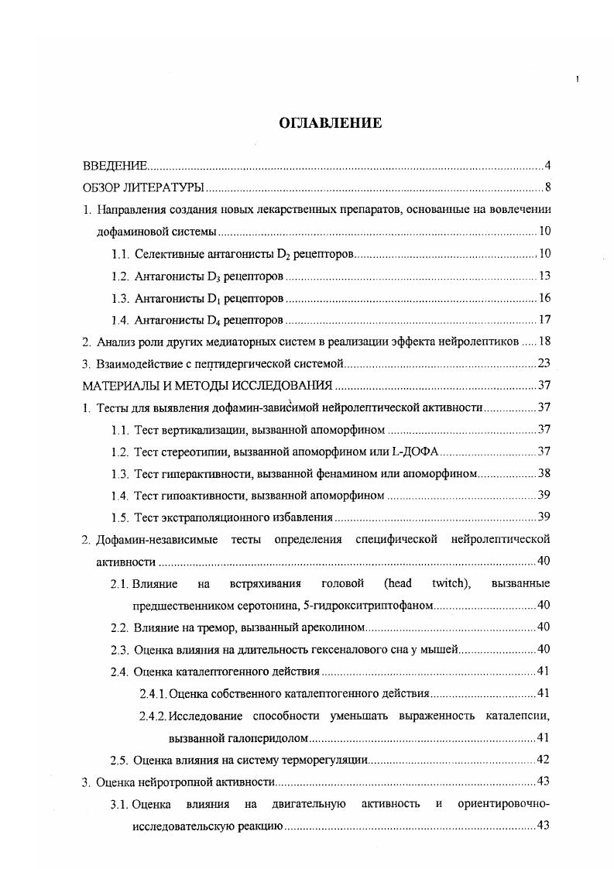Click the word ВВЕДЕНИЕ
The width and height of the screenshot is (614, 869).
pos(115,167)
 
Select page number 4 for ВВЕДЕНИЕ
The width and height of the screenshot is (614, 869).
pos(547,167)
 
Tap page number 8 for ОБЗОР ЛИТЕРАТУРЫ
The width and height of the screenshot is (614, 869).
pos(547,188)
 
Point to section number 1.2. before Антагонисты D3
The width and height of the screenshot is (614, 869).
pos(120,276)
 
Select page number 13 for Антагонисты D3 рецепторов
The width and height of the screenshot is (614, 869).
pos(544,276)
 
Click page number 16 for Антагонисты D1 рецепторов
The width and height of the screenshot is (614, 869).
pos(544,298)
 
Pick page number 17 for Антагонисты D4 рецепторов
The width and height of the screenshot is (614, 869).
pos(544,320)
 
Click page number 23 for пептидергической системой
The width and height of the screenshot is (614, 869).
pos(544,363)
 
